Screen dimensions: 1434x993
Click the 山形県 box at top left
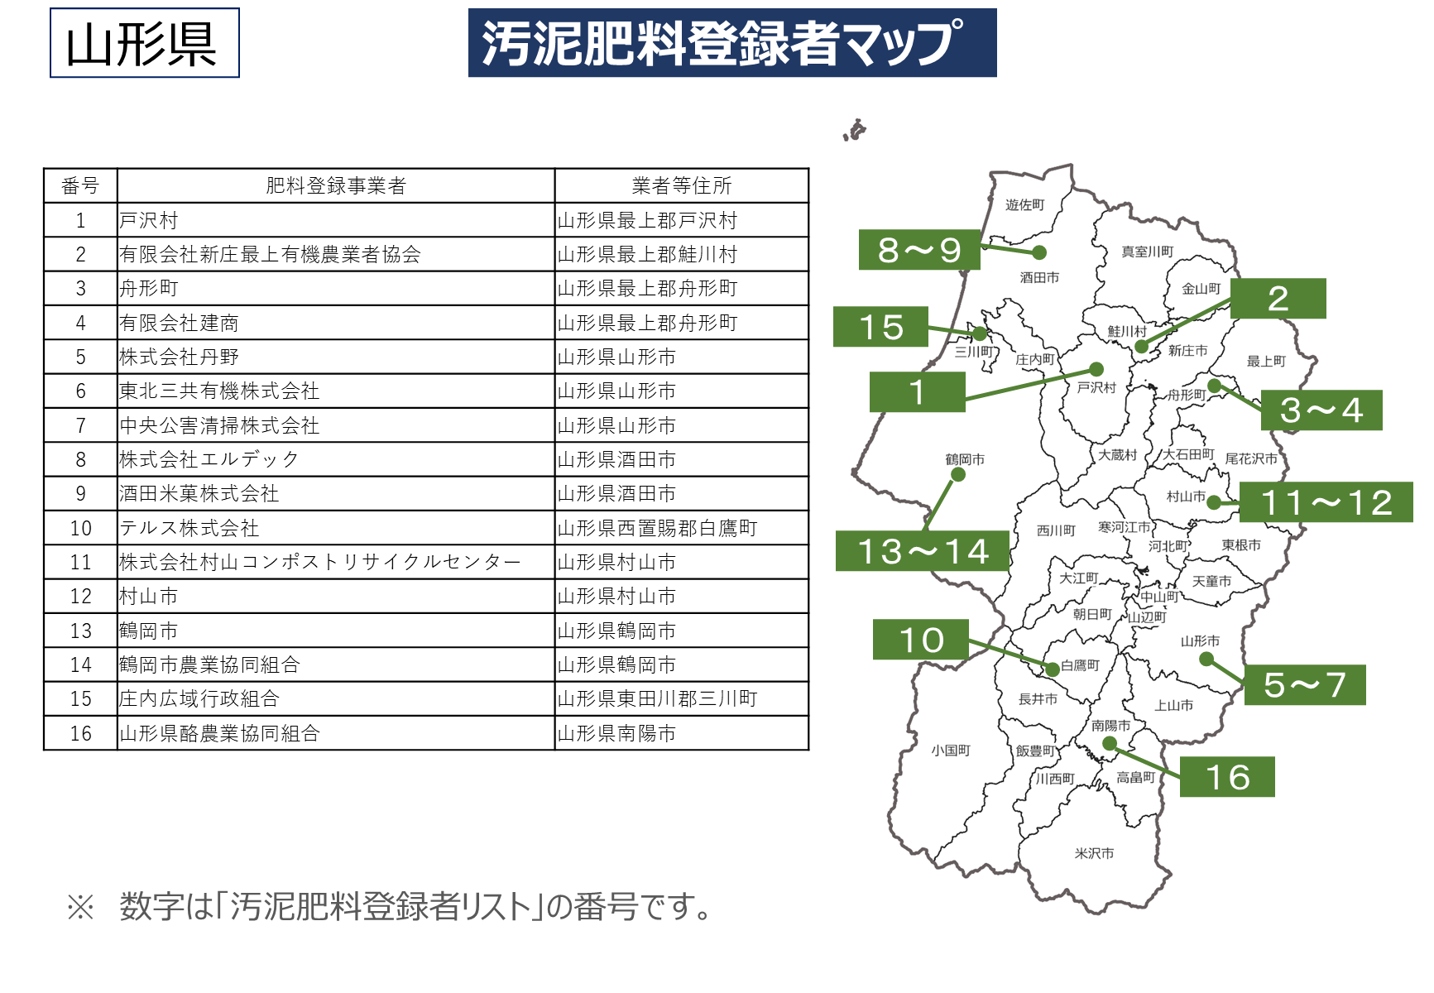[144, 43]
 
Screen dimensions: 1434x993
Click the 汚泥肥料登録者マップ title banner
[731, 43]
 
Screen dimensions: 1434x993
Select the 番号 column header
[80, 186]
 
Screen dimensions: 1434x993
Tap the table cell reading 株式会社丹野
[180, 357]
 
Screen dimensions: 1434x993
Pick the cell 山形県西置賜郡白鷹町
[657, 528]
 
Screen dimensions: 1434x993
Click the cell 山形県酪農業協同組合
[219, 733]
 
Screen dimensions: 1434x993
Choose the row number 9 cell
[80, 494]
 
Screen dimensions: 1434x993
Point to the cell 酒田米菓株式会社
[199, 494]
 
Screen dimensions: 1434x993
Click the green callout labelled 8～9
[918, 250]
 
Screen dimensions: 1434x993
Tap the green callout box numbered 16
[1227, 777]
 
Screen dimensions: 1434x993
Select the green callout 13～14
[922, 551]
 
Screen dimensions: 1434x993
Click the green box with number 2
[1278, 299]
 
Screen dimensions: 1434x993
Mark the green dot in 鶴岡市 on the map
[958, 474]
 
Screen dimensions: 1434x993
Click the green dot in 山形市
[1206, 659]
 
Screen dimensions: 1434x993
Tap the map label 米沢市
[1094, 853]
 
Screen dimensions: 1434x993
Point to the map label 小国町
[950, 751]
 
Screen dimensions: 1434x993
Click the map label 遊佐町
[1024, 204]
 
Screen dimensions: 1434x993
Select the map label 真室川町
[1147, 252]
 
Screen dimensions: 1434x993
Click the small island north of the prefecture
[856, 130]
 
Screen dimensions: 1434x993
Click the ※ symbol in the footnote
[81, 907]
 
